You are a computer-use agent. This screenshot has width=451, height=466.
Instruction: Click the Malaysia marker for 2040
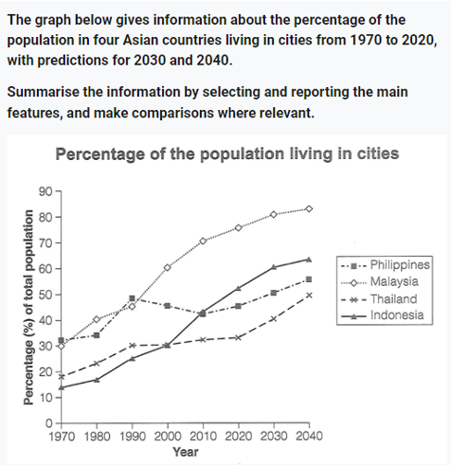(309, 209)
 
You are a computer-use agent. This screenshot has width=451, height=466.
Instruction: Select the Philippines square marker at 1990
(132, 298)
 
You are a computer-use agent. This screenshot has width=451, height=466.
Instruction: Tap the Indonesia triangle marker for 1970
(62, 387)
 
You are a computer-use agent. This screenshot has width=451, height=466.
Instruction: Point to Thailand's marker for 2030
(274, 319)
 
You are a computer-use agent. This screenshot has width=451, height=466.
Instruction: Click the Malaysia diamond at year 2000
(168, 268)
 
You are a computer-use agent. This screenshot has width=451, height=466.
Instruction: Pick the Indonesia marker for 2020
(239, 288)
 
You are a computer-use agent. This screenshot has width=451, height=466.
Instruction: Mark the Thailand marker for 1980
(97, 364)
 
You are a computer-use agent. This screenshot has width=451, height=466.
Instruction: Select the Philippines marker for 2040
(309, 279)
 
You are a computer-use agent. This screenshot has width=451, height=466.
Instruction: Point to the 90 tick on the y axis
(45, 191)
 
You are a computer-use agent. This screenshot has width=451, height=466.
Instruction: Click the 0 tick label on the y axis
(48, 423)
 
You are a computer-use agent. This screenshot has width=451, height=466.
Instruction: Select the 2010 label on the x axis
(203, 437)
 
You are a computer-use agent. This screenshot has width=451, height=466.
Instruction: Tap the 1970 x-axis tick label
(62, 437)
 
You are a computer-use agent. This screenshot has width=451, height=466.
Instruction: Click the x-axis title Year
(186, 452)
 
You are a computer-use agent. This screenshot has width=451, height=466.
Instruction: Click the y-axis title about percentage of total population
(28, 307)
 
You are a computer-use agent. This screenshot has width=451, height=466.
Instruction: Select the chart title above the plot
(227, 154)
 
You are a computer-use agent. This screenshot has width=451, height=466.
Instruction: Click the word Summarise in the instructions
(44, 92)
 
